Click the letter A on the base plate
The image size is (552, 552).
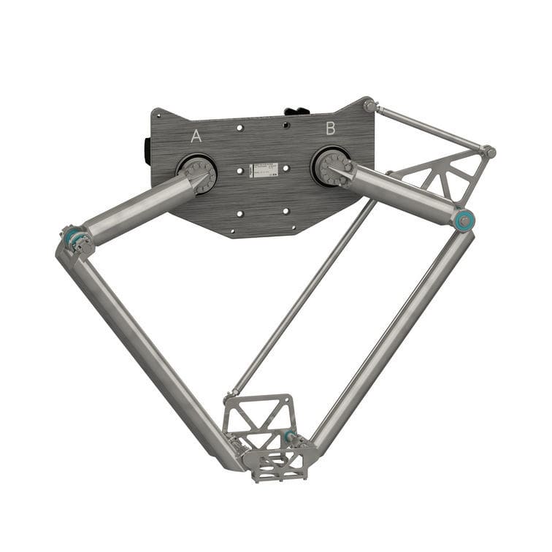point(196,136)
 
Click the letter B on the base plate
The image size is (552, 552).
point(330,129)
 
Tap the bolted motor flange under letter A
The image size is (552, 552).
point(199,175)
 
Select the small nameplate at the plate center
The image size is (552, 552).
point(262,170)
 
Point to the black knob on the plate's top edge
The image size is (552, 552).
point(296,111)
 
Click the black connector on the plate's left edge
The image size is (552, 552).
point(148,150)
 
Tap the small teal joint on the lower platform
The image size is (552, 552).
point(290,437)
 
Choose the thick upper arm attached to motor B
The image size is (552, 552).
point(402,193)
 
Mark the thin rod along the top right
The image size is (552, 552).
point(431,129)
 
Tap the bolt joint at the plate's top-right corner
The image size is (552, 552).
point(370,106)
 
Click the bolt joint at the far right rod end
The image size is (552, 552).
point(489,152)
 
